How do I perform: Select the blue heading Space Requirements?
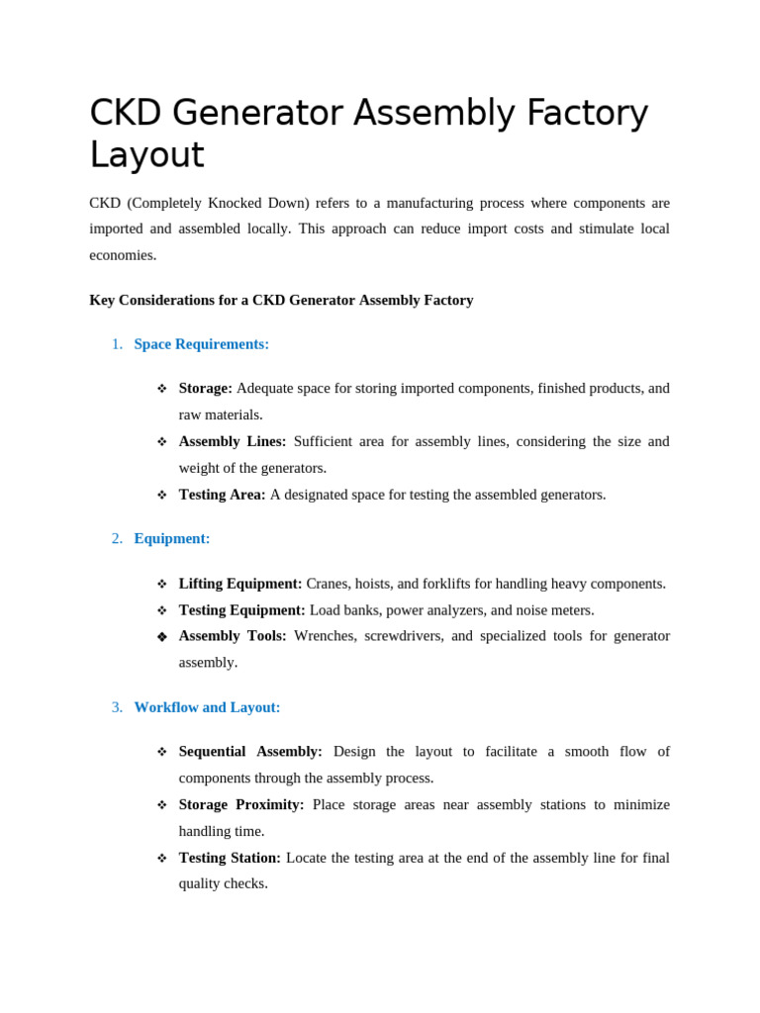[x=201, y=344]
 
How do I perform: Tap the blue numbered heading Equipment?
[x=171, y=539]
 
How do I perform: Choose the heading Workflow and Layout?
[x=207, y=707]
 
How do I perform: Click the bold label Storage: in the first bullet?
[x=205, y=389]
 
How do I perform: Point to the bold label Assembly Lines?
[x=232, y=441]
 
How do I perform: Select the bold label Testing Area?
[x=222, y=495]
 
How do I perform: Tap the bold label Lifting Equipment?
[x=239, y=584]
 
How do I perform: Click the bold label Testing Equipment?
[x=241, y=610]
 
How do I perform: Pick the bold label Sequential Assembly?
[x=249, y=752]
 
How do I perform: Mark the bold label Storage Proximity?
[x=240, y=805]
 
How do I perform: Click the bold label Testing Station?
[x=229, y=858]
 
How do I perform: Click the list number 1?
[x=117, y=344]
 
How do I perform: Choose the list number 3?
[x=117, y=707]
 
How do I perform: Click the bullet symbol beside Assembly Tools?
[x=162, y=637]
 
